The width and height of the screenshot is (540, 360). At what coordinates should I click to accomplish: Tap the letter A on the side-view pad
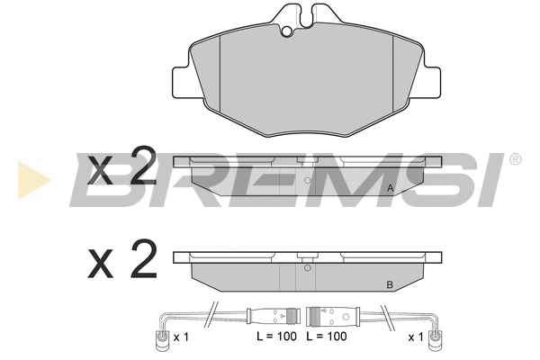click(x=390, y=188)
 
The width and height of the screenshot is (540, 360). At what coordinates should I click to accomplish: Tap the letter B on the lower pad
click(x=389, y=285)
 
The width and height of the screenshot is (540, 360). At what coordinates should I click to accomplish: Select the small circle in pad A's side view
click(x=308, y=180)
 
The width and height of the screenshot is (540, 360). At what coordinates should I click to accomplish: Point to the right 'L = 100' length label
click(x=325, y=337)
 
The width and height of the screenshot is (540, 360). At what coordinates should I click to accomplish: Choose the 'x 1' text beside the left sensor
click(x=181, y=337)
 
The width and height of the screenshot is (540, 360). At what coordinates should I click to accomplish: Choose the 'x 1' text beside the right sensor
click(x=415, y=337)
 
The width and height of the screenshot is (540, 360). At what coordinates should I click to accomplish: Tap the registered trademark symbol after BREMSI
click(x=515, y=160)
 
